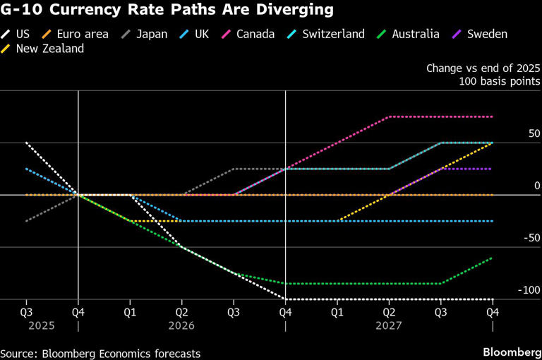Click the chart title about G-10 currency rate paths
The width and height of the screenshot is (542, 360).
[167, 11]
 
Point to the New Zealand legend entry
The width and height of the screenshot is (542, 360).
[48, 49]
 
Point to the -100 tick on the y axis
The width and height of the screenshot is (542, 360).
[529, 290]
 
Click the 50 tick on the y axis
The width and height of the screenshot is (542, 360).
[534, 133]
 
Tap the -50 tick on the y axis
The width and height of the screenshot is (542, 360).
[531, 238]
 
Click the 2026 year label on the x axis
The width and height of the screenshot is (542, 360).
[181, 325]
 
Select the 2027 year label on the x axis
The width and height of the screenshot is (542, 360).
[388, 325]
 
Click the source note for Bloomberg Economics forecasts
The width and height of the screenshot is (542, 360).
[100, 353]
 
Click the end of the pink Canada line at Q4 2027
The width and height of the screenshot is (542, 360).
[492, 116]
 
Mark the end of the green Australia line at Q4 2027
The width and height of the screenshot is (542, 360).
[492, 258]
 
